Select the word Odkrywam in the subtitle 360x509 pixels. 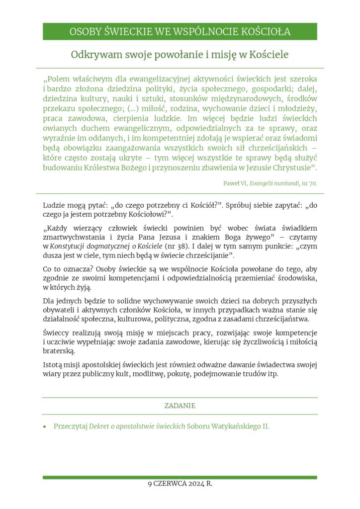[x=91, y=54]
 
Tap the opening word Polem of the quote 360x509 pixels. [x=61, y=79]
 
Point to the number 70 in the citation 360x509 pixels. [x=312, y=183]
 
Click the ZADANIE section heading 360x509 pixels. [x=180, y=406]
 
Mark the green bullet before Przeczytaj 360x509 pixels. [x=45, y=426]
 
